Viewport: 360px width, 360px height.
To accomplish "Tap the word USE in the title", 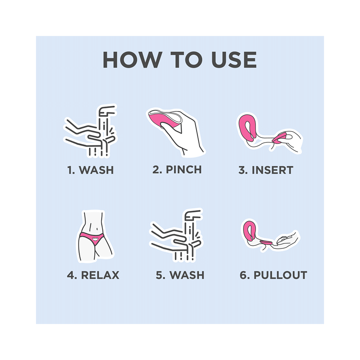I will [x=234, y=60].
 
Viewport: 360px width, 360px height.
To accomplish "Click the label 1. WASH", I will [x=90, y=170].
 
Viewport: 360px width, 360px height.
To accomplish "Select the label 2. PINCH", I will [x=177, y=169].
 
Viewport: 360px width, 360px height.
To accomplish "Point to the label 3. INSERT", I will [x=266, y=170].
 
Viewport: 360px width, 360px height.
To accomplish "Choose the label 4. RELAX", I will [x=93, y=275].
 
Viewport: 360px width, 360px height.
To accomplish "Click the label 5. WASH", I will [x=180, y=275].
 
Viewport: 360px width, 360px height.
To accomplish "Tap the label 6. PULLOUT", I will [x=273, y=275].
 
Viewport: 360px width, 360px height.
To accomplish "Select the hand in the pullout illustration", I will [x=288, y=239].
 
